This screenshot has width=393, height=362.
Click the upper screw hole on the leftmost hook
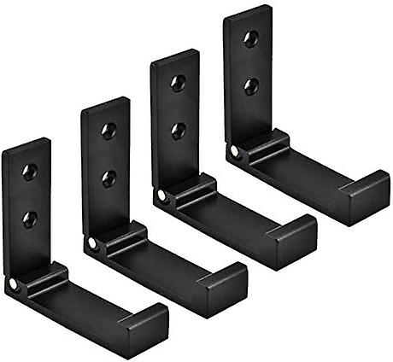29,172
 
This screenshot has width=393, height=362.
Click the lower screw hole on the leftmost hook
29,219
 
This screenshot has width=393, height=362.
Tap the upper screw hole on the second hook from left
109,131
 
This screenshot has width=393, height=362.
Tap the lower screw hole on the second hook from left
109,178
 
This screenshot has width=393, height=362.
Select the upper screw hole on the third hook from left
178,83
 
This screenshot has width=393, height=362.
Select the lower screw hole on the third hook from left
178,131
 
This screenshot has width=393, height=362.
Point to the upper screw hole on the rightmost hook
250,38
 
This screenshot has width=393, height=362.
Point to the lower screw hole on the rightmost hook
250,85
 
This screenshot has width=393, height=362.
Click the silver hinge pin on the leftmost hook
14,284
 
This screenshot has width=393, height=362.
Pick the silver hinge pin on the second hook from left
92,242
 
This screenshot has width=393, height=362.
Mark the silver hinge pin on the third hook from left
162,196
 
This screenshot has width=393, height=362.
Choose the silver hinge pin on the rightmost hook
234,151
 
